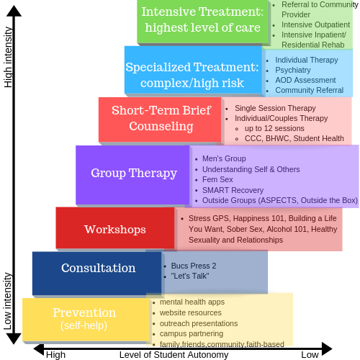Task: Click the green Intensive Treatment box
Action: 202,22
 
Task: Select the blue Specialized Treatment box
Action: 193,70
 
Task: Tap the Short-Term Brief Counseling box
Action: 160,120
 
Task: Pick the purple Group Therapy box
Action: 132,175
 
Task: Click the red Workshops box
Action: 115,228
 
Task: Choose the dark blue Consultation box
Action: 97,273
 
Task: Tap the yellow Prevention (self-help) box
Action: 86,320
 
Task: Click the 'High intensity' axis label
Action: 8,58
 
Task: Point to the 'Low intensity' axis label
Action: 7,301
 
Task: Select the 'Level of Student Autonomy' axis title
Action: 174,354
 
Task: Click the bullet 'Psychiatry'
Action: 293,70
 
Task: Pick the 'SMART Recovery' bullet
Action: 233,190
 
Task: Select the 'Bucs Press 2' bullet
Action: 194,266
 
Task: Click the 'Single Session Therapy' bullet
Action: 275,108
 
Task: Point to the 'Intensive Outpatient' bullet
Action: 315,24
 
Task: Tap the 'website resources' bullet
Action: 191,312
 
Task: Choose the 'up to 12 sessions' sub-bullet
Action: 274,128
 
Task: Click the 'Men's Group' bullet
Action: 224,158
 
